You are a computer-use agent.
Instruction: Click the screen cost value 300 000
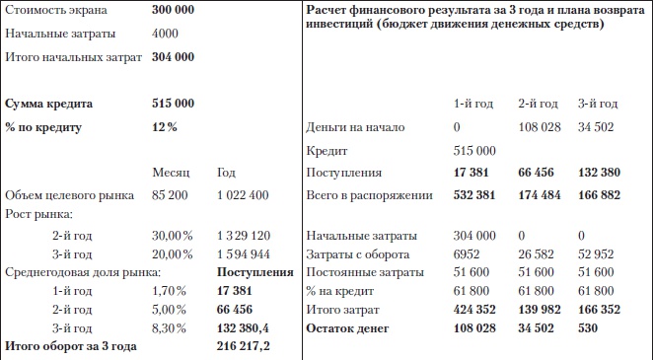(x=173, y=9)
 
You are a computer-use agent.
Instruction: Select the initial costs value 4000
(x=166, y=33)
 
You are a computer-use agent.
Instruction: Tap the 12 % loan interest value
(x=164, y=127)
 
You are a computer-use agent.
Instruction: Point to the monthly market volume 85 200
(x=172, y=194)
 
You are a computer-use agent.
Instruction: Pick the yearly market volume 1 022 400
(x=241, y=194)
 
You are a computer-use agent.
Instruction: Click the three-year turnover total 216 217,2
(x=244, y=346)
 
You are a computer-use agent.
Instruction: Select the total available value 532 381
(x=474, y=194)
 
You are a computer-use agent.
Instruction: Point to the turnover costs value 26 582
(x=539, y=255)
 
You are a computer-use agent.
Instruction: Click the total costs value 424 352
(x=474, y=309)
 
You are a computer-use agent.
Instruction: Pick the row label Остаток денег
(x=353, y=327)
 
